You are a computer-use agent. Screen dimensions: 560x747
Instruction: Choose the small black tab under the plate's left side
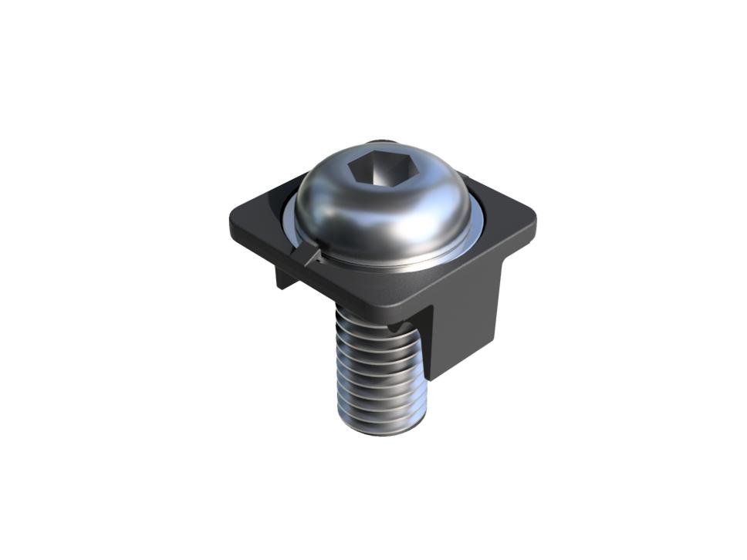tap(285, 277)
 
